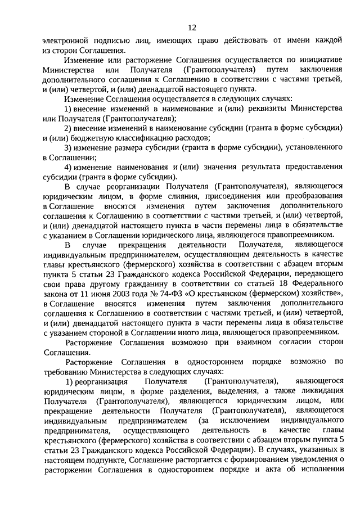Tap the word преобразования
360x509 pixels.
pos(312,196)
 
